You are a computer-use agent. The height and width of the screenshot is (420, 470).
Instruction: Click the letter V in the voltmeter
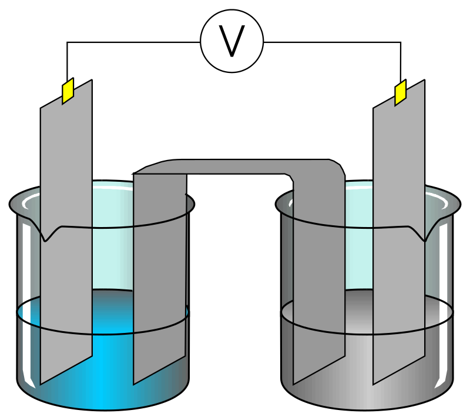click(x=231, y=41)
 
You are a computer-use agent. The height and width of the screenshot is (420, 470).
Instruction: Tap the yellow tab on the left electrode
click(x=68, y=91)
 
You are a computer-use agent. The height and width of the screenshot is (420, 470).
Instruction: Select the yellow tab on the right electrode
click(x=400, y=93)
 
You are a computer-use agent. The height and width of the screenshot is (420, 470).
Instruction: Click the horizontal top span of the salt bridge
click(x=235, y=166)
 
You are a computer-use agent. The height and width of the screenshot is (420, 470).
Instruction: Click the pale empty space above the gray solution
click(x=358, y=259)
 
